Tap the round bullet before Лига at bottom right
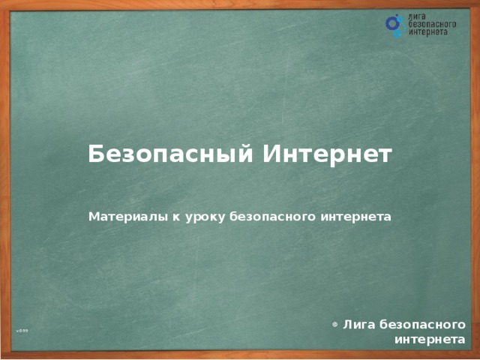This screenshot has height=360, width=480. [x=334, y=325]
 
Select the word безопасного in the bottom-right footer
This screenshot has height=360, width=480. [x=422, y=325]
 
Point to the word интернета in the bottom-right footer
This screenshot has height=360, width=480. [x=429, y=340]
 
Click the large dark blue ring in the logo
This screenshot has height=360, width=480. [x=393, y=25]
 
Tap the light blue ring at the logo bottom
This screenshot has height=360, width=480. [x=397, y=34]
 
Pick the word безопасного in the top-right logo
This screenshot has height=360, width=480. [x=432, y=25]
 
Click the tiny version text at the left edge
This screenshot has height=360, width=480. [x=24, y=331]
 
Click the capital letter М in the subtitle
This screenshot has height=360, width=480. [x=93, y=217]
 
